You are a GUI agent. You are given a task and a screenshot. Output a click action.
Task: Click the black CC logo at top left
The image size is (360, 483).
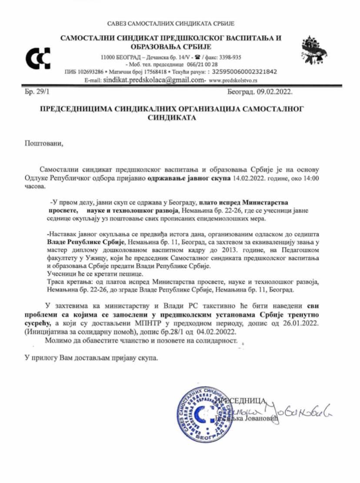[x=38, y=59]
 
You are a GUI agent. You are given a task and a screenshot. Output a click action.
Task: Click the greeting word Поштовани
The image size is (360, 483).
[x=44, y=143]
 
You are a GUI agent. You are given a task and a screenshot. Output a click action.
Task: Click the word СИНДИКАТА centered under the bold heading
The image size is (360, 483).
[x=172, y=117]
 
